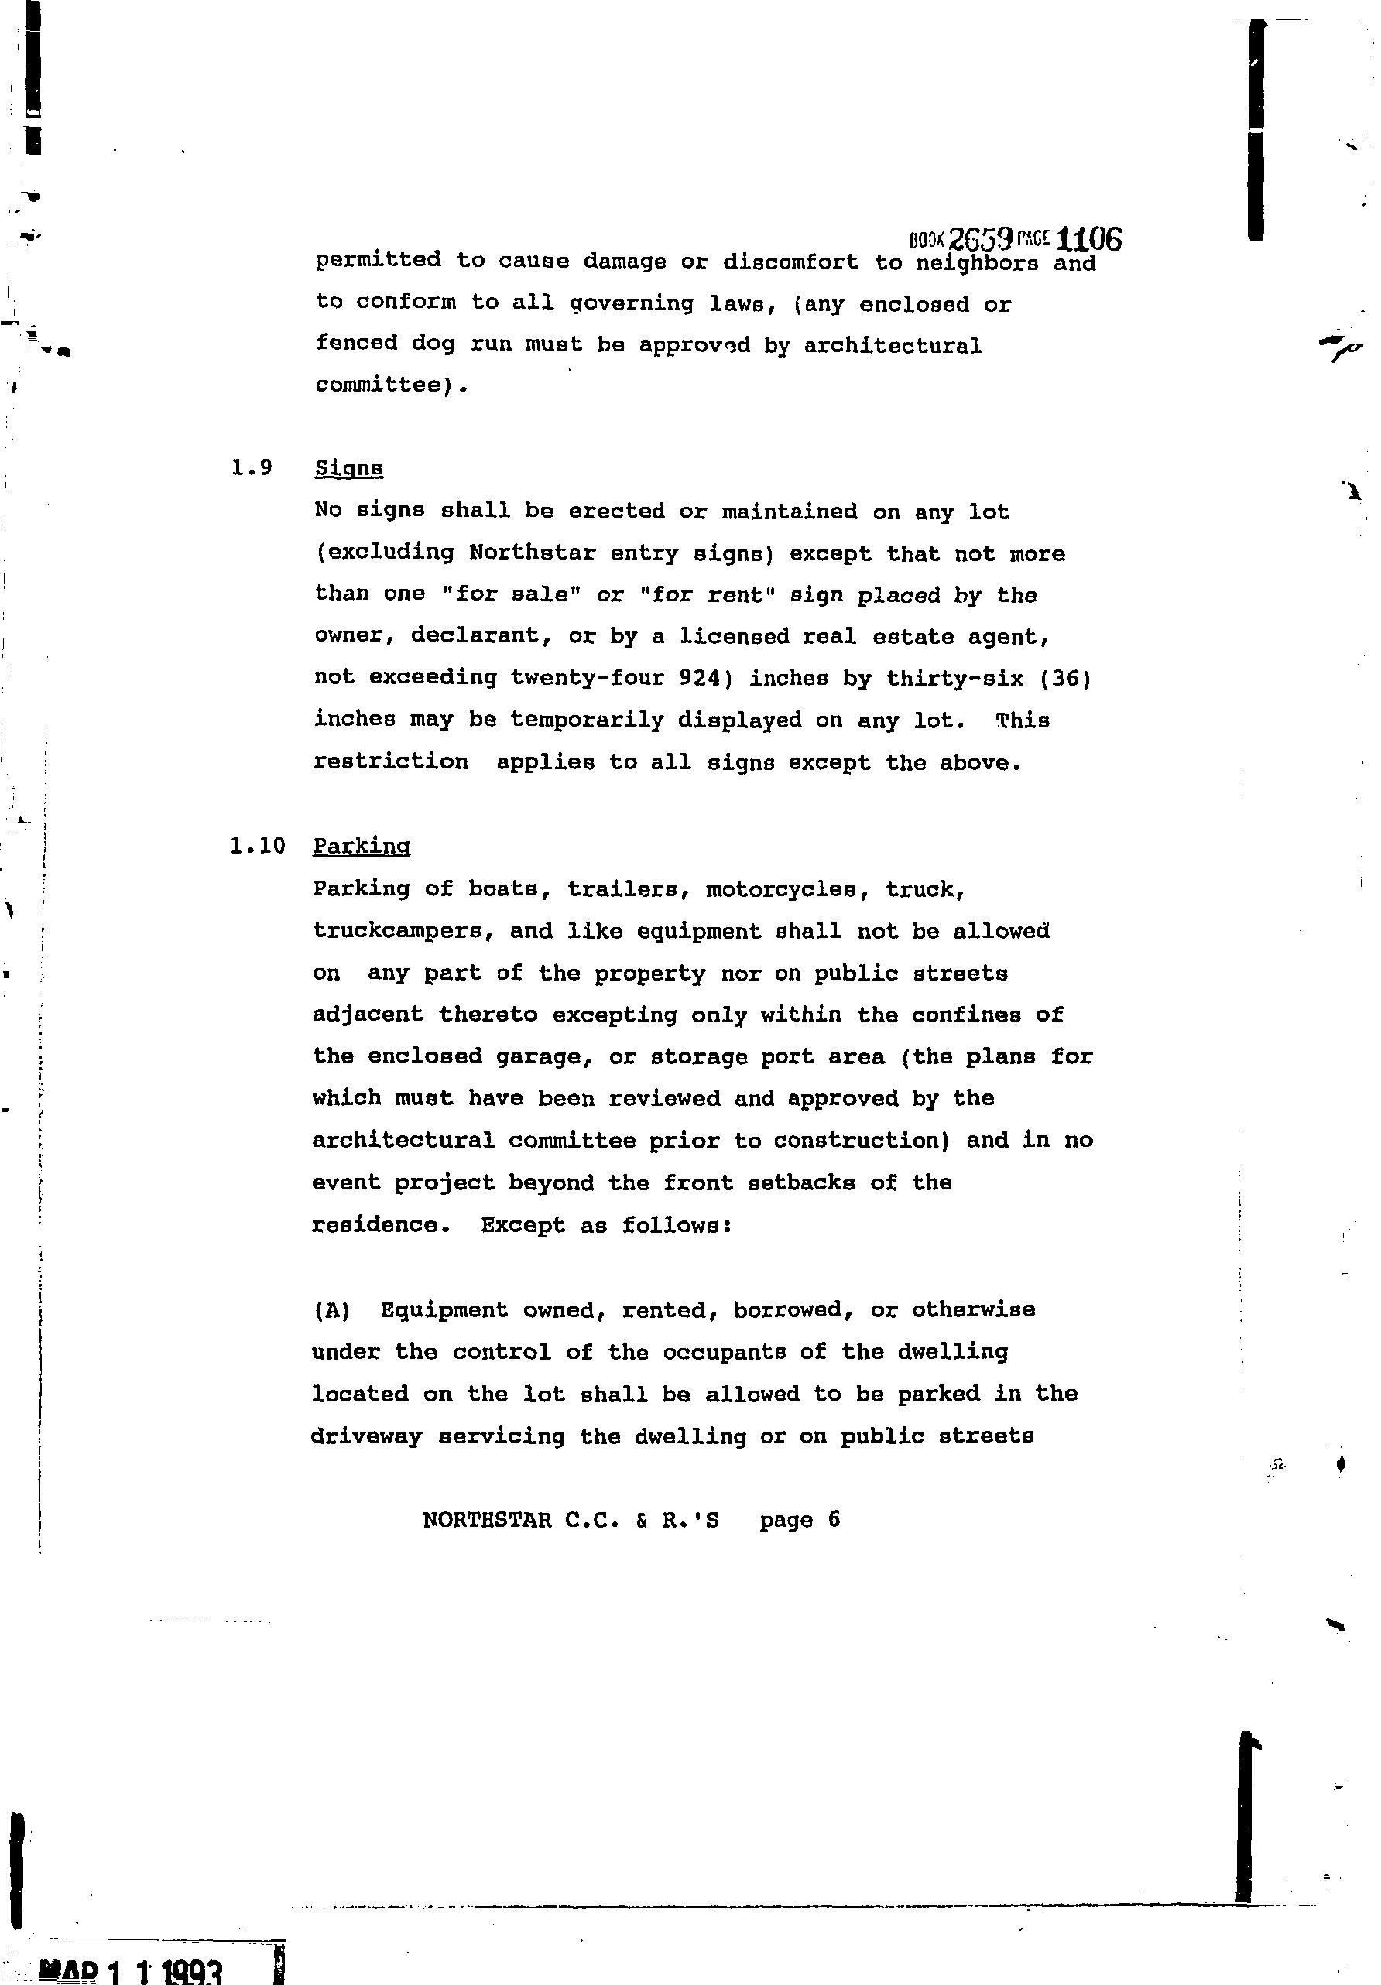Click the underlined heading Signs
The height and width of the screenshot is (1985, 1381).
tap(348, 469)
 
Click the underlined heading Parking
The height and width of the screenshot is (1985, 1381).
tap(361, 846)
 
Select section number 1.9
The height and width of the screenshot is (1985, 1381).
tap(252, 467)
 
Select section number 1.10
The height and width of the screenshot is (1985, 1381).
tap(258, 846)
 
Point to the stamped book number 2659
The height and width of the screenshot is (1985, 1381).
tap(981, 238)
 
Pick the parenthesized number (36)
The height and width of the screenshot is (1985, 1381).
tap(1066, 679)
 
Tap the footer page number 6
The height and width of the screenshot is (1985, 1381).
tap(833, 1519)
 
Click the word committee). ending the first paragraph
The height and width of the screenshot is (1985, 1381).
tap(391, 385)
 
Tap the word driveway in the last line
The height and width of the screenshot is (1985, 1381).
tap(367, 1437)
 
